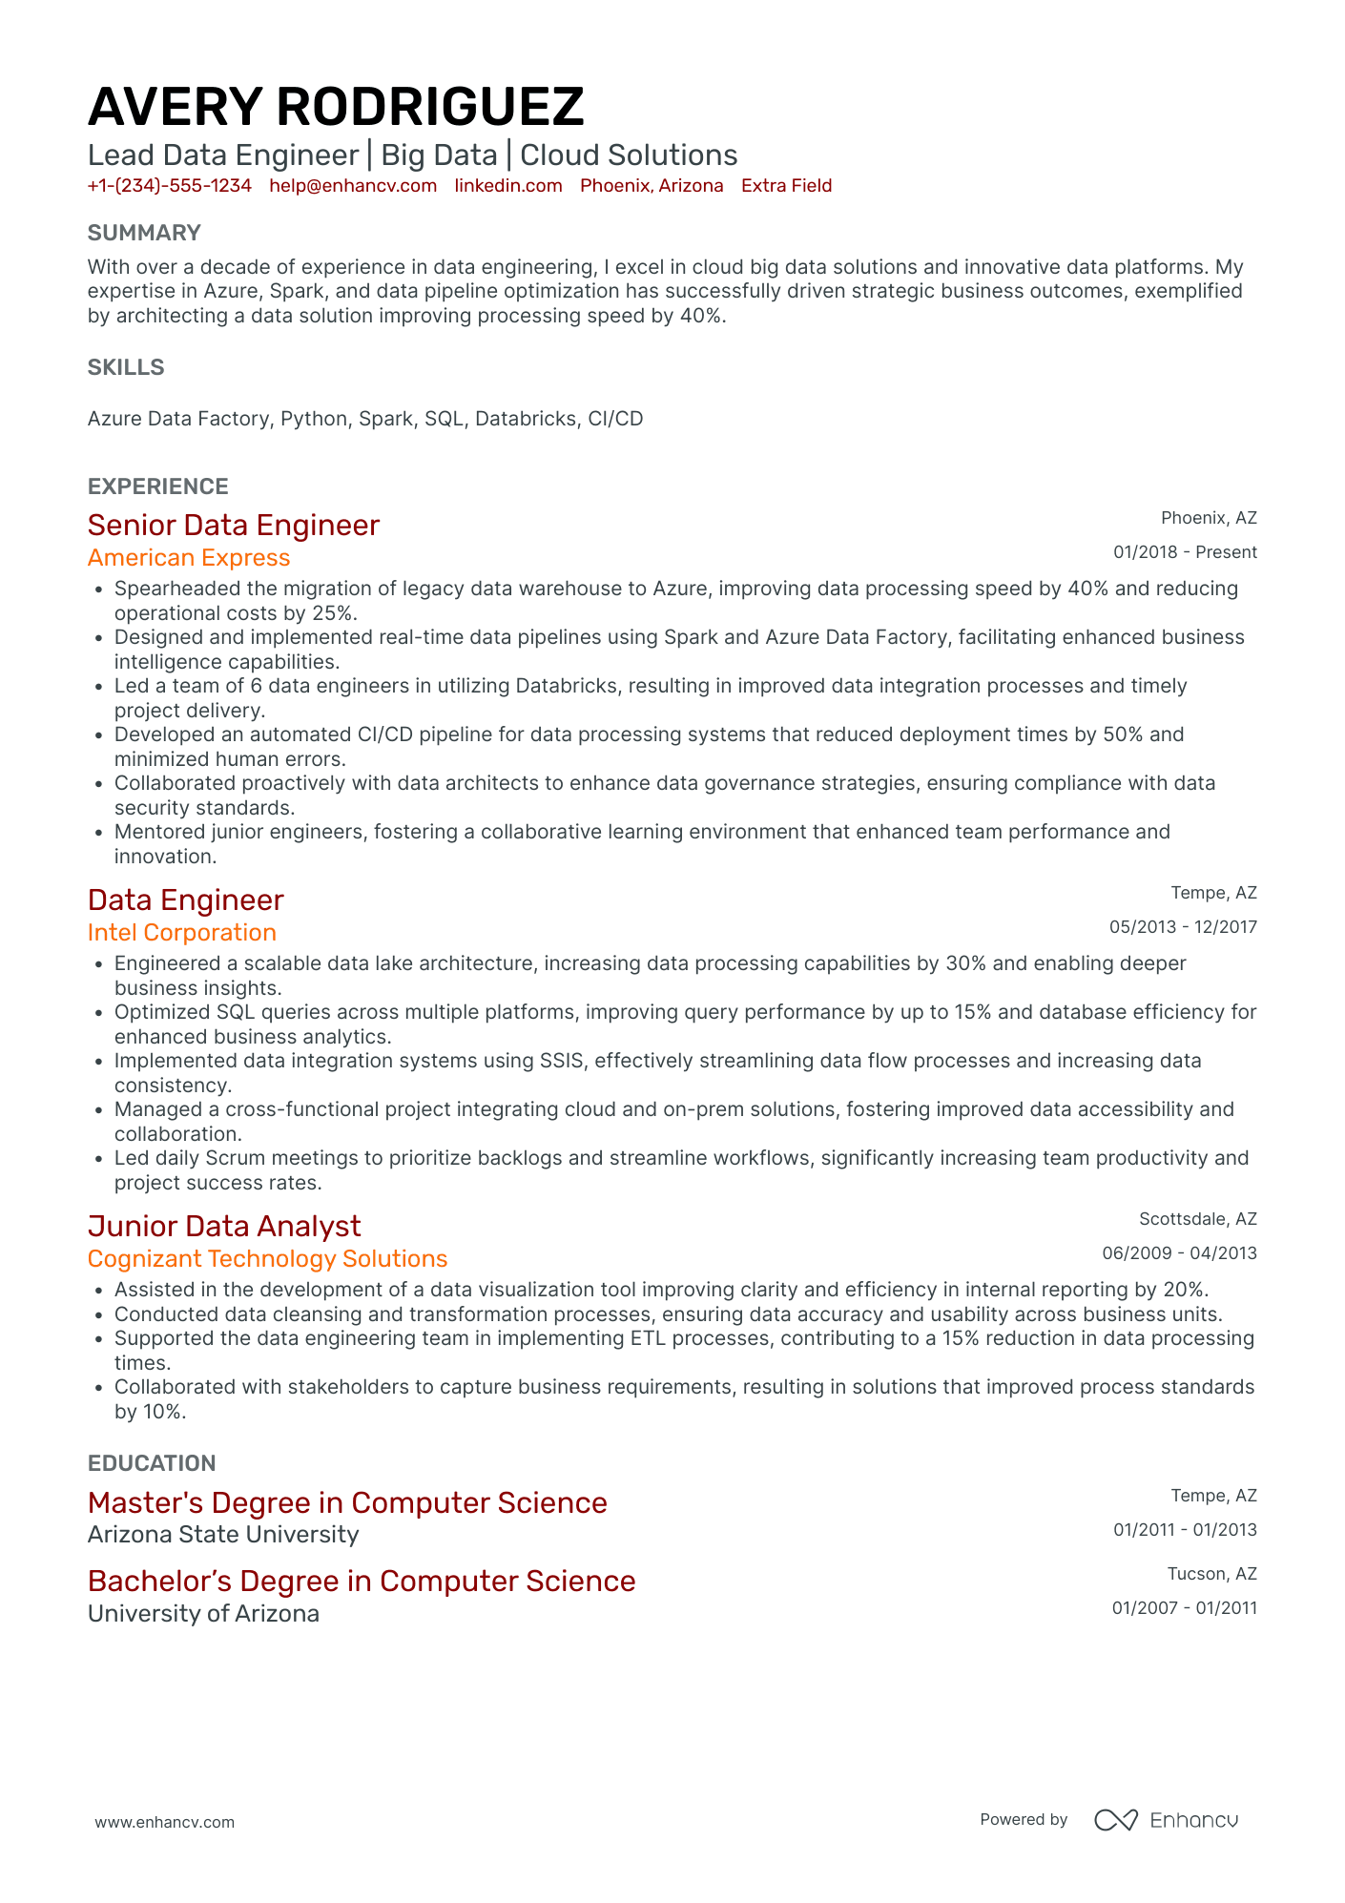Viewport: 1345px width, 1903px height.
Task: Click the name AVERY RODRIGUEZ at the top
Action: click(x=336, y=107)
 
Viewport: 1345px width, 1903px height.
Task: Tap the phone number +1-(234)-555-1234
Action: click(x=170, y=186)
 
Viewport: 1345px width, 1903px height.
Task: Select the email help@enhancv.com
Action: click(x=353, y=186)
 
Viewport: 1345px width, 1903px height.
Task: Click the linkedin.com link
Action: click(x=508, y=186)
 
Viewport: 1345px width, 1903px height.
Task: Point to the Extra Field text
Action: click(x=786, y=186)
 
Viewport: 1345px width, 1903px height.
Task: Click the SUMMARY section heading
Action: click(x=144, y=234)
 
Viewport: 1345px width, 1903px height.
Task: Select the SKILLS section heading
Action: click(x=126, y=368)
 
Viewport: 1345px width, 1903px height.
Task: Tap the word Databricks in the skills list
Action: click(x=526, y=419)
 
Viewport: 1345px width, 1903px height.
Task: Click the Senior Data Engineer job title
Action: click(x=234, y=526)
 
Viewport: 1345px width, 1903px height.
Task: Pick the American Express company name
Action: click(x=189, y=558)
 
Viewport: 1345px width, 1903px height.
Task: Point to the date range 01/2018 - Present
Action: click(x=1185, y=552)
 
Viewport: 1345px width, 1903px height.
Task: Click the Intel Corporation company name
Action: click(x=182, y=933)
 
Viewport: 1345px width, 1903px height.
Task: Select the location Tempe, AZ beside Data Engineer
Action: click(x=1213, y=893)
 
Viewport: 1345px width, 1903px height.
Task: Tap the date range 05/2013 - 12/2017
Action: click(x=1183, y=927)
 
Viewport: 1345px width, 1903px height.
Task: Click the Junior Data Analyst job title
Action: click(x=224, y=1227)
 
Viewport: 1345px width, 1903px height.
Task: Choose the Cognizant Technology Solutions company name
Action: click(x=267, y=1259)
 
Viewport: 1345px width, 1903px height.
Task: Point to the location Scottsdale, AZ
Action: click(x=1197, y=1219)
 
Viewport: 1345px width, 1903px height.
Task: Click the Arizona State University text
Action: click(x=223, y=1535)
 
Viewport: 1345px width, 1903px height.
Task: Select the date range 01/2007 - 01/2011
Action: click(x=1184, y=1608)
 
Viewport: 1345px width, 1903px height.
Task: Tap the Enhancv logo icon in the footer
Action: click(x=1115, y=1820)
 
